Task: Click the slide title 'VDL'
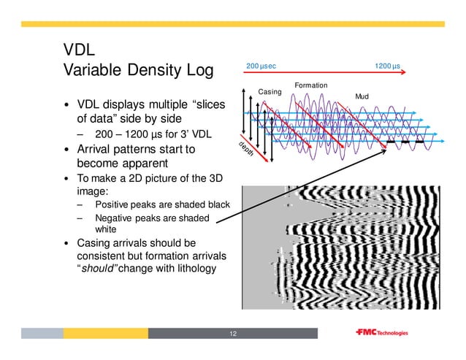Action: [x=78, y=50]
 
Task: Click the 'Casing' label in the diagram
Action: [x=270, y=92]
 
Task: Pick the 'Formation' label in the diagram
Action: [x=310, y=86]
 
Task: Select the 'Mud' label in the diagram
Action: [x=362, y=96]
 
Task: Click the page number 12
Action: [x=233, y=334]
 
